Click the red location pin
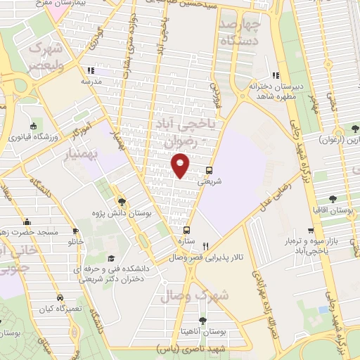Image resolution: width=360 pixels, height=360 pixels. (181, 165)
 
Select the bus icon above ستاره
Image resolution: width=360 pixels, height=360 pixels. (186, 230)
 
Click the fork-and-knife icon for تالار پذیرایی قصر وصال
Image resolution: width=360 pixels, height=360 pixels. (205, 246)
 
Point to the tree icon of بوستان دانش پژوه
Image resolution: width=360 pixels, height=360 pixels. (121, 201)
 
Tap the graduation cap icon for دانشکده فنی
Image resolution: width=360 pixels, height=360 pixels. (110, 259)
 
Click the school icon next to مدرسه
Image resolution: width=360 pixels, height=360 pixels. (89, 70)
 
